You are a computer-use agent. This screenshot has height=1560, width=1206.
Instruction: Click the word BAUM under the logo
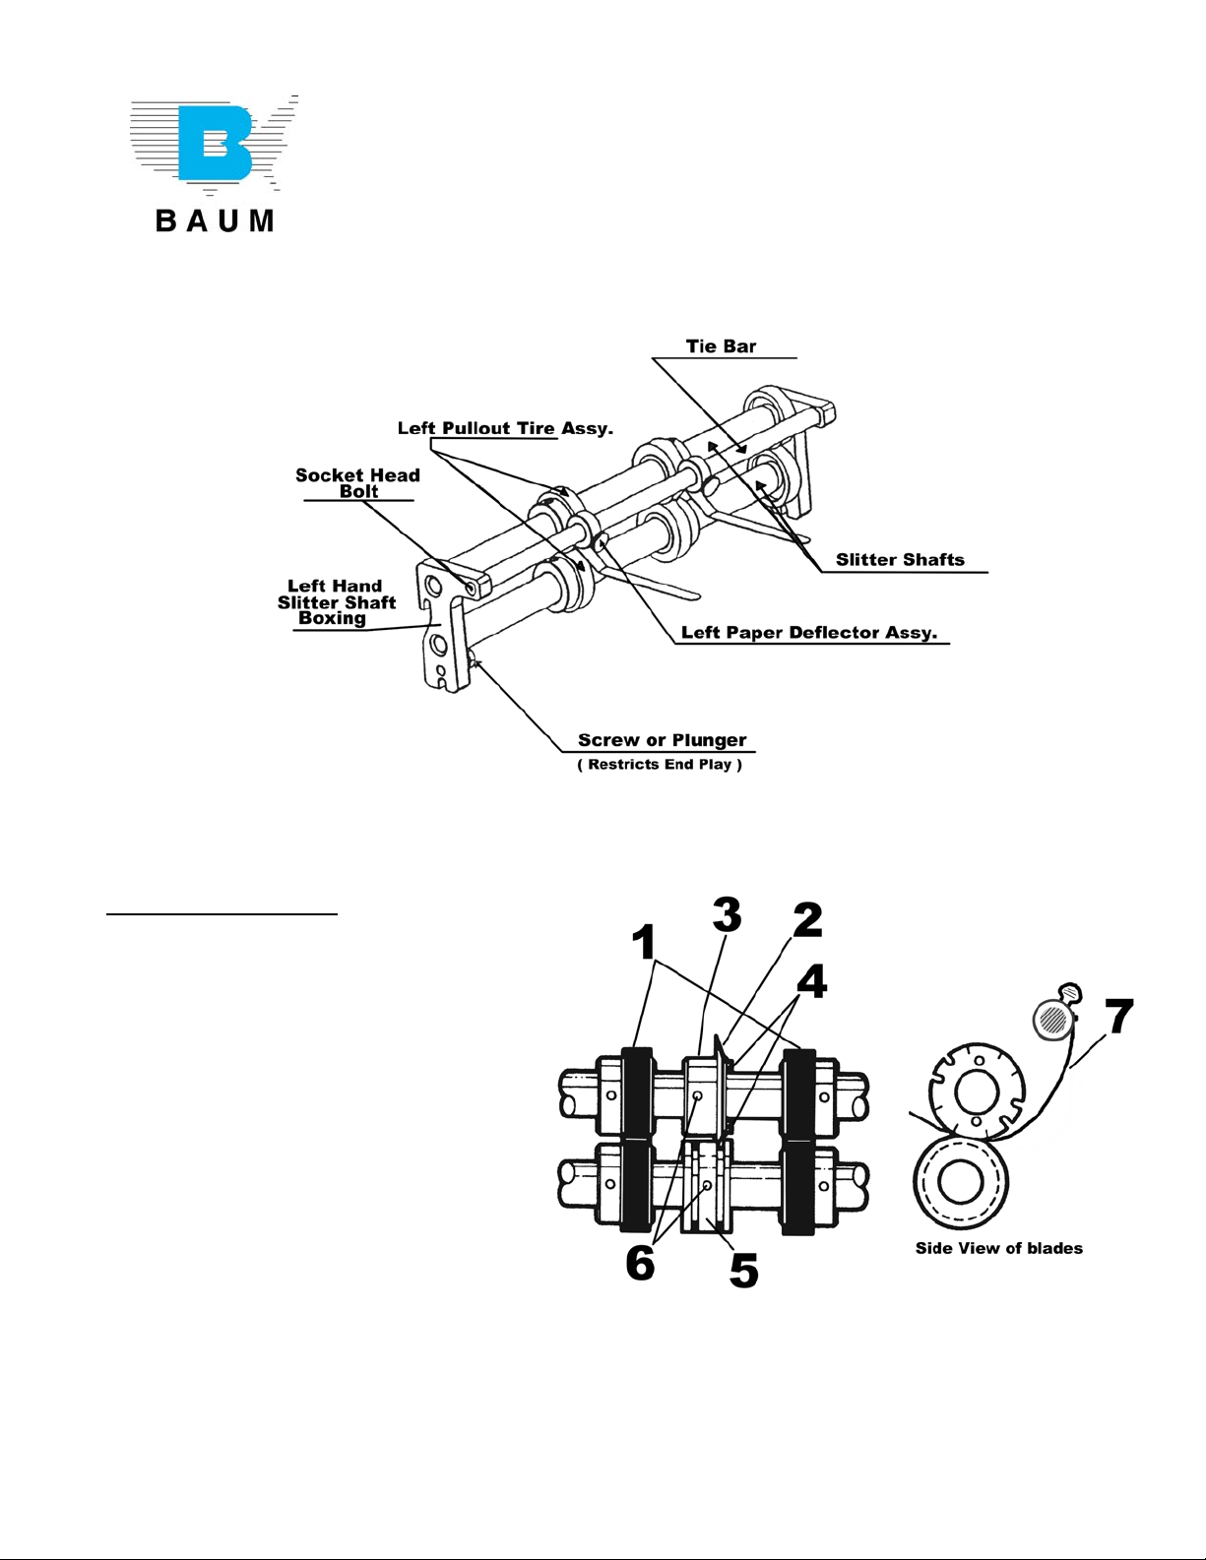215,220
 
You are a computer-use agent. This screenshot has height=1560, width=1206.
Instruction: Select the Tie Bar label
721,346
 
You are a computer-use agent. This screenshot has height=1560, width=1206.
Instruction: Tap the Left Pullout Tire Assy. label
505,428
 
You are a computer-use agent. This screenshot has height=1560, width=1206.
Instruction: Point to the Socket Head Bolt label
357,483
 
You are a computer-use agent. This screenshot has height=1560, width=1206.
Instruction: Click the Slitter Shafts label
900,560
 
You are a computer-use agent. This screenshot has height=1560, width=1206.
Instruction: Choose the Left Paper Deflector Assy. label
808,633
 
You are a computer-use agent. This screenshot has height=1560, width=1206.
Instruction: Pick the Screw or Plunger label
662,740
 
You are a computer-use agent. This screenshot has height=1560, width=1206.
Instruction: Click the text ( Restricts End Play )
659,765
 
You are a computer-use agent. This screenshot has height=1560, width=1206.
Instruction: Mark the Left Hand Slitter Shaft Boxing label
336,602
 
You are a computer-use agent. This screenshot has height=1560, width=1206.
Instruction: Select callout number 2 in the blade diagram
806,920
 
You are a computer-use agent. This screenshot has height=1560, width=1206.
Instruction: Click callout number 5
743,1270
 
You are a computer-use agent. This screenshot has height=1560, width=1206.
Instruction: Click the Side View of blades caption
998,1249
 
